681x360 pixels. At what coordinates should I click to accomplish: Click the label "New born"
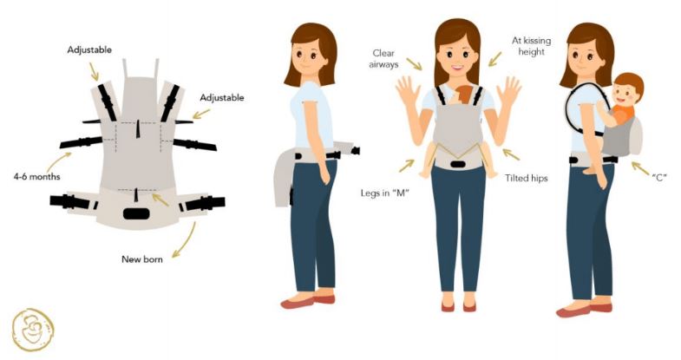coord(142,259)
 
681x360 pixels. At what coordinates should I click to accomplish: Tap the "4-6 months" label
coord(37,177)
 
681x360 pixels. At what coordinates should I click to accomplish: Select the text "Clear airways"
coord(383,59)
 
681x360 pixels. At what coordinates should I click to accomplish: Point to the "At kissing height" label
coord(531,46)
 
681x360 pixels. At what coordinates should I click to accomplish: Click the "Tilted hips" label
coord(526,178)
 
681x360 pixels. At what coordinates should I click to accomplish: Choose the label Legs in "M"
coord(385,193)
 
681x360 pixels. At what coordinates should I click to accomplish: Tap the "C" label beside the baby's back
coord(658,177)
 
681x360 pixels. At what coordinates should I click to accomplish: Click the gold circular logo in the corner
coord(33,330)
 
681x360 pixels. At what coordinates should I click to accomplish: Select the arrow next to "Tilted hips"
coord(511,154)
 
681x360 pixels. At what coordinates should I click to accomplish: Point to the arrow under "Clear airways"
coord(414,64)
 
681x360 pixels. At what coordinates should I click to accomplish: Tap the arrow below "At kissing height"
coord(494,59)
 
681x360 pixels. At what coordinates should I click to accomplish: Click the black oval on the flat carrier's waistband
coord(136,213)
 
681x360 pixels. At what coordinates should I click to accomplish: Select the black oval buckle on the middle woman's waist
coord(458,164)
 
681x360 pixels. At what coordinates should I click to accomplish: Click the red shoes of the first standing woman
coord(308,300)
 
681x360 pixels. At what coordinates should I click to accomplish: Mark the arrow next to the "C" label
coord(640,168)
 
